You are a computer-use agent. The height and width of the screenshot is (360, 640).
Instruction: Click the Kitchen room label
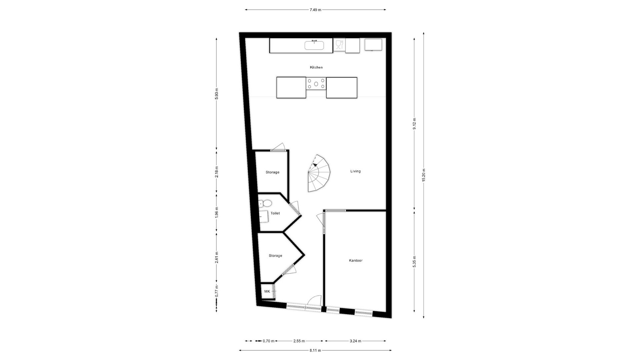point(316,67)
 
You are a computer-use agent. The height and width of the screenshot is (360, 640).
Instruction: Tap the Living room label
point(355,171)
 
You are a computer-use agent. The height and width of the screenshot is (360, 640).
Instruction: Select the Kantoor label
point(355,260)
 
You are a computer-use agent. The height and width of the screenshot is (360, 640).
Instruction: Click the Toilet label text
point(275,213)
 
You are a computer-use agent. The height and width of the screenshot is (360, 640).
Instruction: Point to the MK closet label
point(267,291)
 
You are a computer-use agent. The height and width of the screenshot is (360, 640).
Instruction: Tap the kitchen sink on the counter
point(314,45)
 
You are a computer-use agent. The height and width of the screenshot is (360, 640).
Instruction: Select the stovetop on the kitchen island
point(316,84)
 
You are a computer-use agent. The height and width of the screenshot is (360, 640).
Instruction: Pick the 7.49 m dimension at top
point(315,10)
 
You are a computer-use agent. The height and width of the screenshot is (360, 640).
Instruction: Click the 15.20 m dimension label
point(423,175)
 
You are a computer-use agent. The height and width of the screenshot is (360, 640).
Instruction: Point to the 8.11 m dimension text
point(315,350)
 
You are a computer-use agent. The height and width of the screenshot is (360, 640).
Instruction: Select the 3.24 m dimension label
point(355,341)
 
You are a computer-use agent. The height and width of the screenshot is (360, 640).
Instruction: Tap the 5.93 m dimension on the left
point(217,94)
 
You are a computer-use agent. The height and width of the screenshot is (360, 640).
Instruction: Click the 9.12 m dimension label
point(414,124)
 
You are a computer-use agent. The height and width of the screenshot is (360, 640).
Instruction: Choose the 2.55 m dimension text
point(299,341)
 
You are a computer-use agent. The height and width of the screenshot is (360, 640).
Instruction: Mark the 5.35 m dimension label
point(414,262)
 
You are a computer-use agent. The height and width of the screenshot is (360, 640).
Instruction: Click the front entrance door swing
point(314,301)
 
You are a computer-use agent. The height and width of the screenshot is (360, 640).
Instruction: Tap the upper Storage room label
point(272,172)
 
